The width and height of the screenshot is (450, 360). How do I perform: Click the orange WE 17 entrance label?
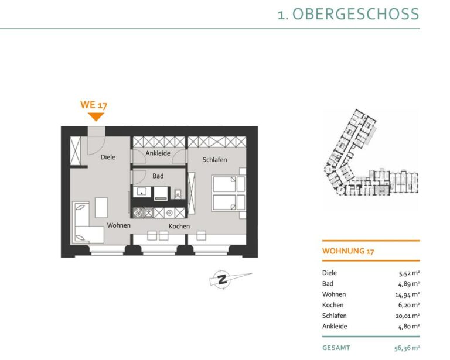click(x=94, y=105)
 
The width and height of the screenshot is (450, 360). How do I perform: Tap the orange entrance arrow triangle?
click(x=96, y=116)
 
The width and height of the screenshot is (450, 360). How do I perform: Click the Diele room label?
click(x=108, y=157)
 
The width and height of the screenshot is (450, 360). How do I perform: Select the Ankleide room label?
click(x=158, y=153)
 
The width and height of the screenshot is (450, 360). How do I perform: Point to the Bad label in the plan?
click(x=158, y=176)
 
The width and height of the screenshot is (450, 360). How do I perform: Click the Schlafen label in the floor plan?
click(x=214, y=160)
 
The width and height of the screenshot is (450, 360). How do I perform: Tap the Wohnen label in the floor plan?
click(x=119, y=225)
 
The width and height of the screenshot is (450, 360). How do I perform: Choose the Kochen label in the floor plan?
click(x=179, y=226)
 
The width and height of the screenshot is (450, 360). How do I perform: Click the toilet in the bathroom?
click(x=178, y=194)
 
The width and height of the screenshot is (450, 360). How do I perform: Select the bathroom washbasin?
click(x=142, y=191)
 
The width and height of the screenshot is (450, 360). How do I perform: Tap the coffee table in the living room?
click(x=101, y=207)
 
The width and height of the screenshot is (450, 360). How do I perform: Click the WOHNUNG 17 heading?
click(x=348, y=251)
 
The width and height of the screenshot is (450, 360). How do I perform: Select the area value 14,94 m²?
click(x=407, y=294)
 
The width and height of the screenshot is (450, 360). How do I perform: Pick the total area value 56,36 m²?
click(x=407, y=348)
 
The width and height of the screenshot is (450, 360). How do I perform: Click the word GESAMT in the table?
click(x=336, y=348)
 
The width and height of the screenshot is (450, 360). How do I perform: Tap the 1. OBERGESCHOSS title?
click(x=349, y=14)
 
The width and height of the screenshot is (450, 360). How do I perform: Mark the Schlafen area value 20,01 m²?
click(x=408, y=316)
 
